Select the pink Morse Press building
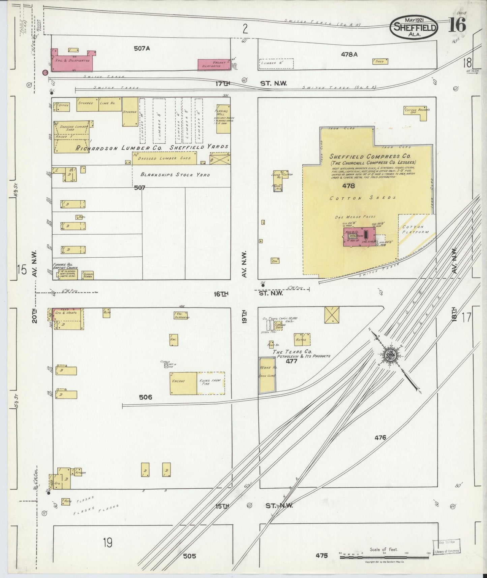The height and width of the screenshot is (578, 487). pos(360,236)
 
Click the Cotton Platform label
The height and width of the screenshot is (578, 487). pos(413,229)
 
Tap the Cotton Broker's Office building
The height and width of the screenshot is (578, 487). pos(417,113)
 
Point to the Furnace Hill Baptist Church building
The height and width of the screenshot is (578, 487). pos(68,274)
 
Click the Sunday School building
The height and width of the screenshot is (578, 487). pos(87,275)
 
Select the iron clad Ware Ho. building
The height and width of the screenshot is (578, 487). pos(267,375)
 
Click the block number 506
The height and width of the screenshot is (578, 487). pos(146,397)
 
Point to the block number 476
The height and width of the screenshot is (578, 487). pos(380,438)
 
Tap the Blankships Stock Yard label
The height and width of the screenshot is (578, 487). pos(175,175)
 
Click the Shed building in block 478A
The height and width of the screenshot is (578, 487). pos(380,61)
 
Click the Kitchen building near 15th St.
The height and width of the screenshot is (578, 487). pos(78,472)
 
